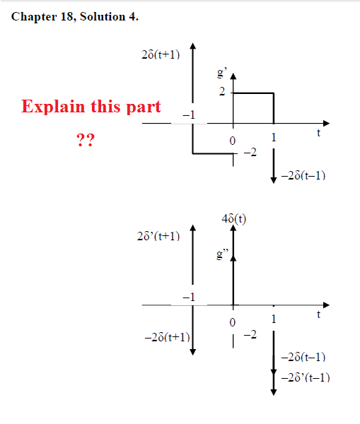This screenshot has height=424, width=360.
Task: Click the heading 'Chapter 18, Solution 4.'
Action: coord(75,17)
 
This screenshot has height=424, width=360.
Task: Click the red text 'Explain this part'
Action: coord(91,107)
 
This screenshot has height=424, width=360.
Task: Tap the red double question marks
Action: coord(86,140)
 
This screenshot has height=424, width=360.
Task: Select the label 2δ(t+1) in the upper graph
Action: coord(161,54)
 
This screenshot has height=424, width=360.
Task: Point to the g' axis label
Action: coord(222,73)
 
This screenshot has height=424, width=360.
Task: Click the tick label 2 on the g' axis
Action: coord(222,92)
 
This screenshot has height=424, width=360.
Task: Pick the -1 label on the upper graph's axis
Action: coord(189,115)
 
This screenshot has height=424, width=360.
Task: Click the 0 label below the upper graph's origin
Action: coord(233,141)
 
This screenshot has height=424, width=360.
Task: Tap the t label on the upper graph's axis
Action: coord(318,133)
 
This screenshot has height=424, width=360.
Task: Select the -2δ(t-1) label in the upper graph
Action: coord(303,176)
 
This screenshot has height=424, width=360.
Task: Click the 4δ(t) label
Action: coord(234,219)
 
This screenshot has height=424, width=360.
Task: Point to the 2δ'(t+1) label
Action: coord(158,236)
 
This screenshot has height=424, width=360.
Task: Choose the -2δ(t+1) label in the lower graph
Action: coord(168,337)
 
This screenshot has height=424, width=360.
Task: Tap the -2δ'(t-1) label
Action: coord(306,377)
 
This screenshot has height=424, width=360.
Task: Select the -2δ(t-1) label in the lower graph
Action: coord(303,357)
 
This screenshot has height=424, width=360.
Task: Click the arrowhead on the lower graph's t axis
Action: coord(327,305)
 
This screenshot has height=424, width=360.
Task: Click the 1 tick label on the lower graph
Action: coord(274,319)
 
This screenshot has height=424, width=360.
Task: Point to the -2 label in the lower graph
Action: coord(250,335)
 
